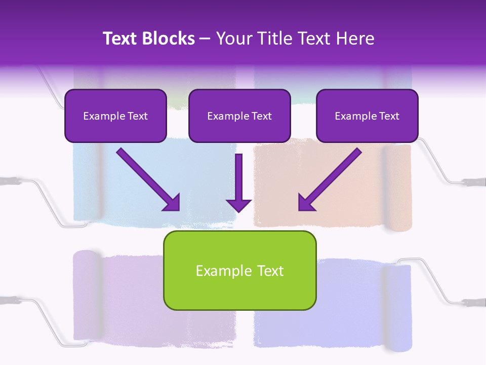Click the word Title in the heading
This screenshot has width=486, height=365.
273,39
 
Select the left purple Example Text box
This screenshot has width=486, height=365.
115,116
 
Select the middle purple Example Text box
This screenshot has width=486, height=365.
239,116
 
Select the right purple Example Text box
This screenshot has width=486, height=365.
367,116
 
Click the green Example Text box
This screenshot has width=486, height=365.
239,270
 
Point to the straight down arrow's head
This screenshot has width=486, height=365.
238,205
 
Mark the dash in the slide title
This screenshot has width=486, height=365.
205,39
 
